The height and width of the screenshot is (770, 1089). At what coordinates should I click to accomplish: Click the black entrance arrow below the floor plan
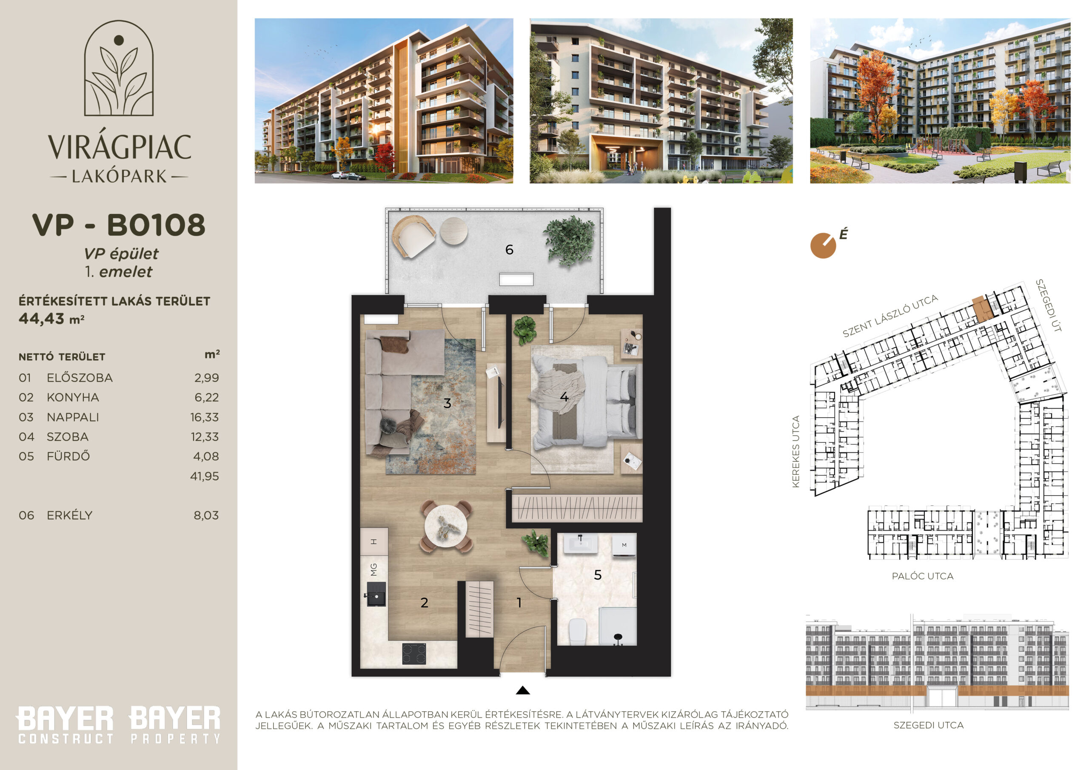click(523, 690)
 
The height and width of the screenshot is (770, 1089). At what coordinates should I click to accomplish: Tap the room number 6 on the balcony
click(509, 250)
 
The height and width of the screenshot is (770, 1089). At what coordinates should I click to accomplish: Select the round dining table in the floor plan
click(446, 526)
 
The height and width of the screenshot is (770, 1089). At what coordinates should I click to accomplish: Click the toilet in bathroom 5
click(578, 632)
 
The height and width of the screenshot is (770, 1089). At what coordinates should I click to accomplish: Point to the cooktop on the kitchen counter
click(414, 653)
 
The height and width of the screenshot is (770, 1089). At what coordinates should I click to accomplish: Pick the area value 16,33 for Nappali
click(205, 417)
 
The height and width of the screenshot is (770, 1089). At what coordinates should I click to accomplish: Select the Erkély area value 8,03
click(206, 515)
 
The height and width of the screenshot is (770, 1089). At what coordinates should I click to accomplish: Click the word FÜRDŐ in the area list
click(68, 456)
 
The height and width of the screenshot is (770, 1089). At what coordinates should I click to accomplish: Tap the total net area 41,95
click(205, 476)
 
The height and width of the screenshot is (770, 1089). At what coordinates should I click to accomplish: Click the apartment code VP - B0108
click(119, 225)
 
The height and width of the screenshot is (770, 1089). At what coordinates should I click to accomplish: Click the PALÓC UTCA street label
click(923, 576)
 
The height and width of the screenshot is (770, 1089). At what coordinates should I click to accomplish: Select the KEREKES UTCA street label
click(796, 452)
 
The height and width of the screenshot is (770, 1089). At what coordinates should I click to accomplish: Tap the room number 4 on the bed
click(564, 396)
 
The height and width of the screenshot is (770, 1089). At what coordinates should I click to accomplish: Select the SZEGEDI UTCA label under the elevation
click(928, 725)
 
